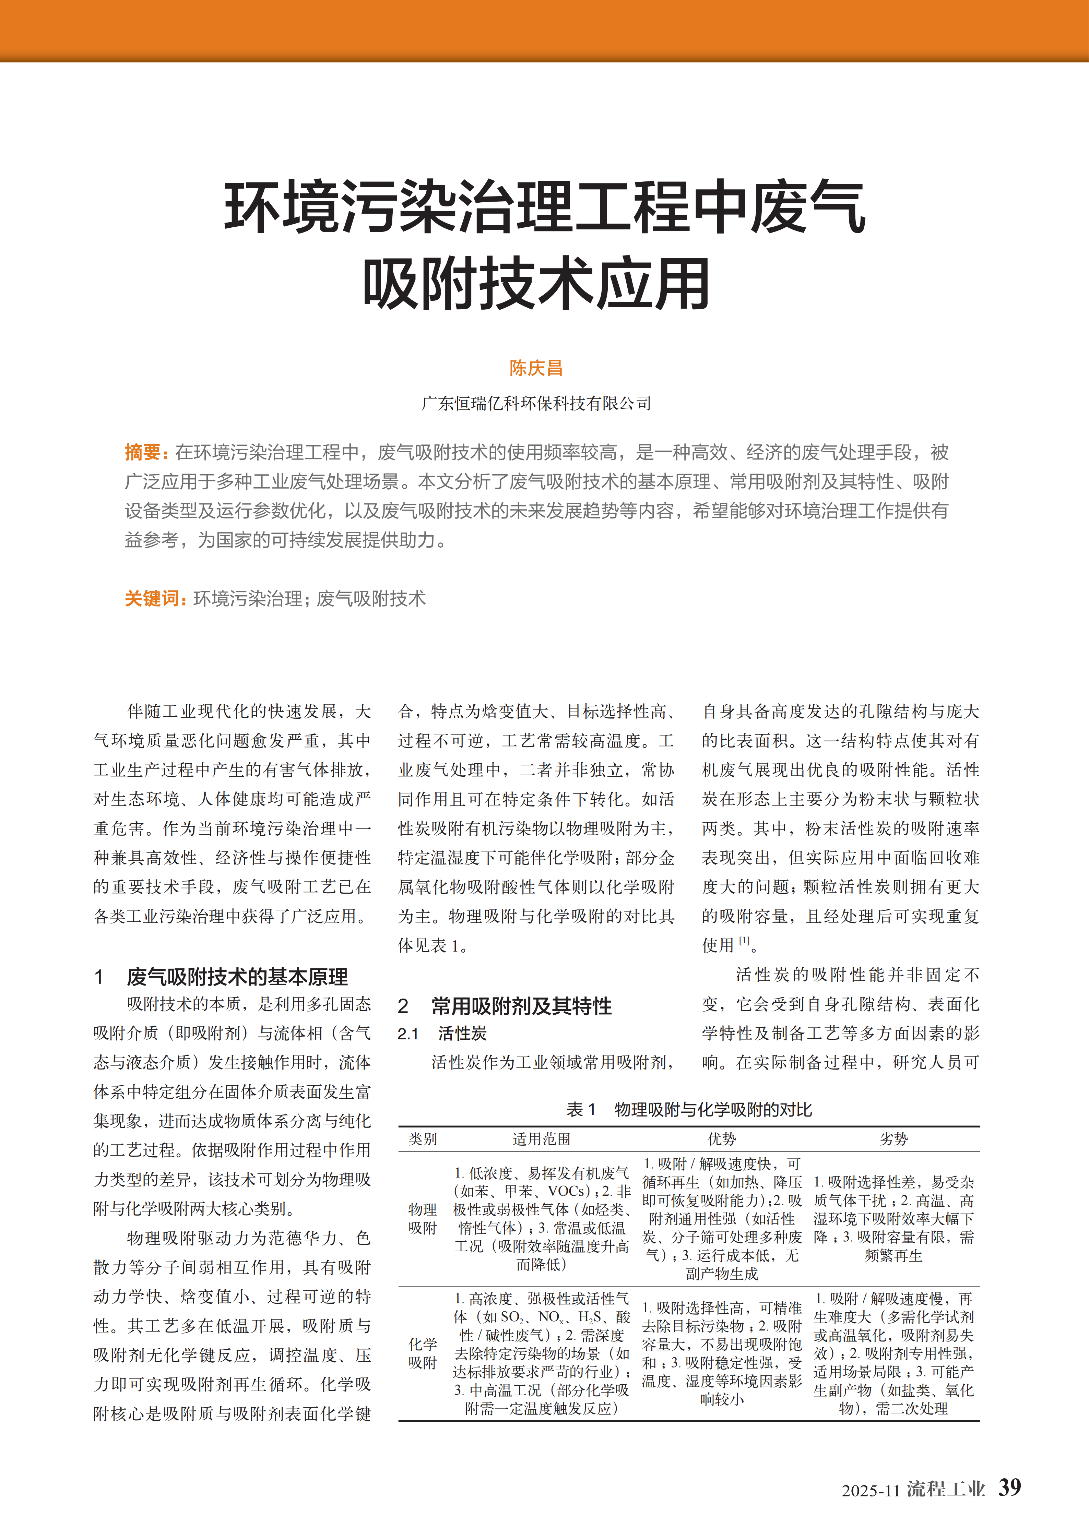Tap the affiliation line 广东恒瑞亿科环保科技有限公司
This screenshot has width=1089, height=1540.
tap(535, 403)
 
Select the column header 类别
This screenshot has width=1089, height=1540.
tap(423, 1139)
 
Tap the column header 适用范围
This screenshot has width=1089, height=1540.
tap(541, 1139)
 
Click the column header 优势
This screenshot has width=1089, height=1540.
tap(722, 1139)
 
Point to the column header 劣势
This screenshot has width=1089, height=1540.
tap(894, 1139)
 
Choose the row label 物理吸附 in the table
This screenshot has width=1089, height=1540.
tap(423, 1218)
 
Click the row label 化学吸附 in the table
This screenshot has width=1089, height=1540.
tap(423, 1353)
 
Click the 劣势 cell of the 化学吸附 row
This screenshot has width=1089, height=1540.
tap(894, 1353)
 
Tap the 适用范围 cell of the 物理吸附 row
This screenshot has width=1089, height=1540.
tap(541, 1218)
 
